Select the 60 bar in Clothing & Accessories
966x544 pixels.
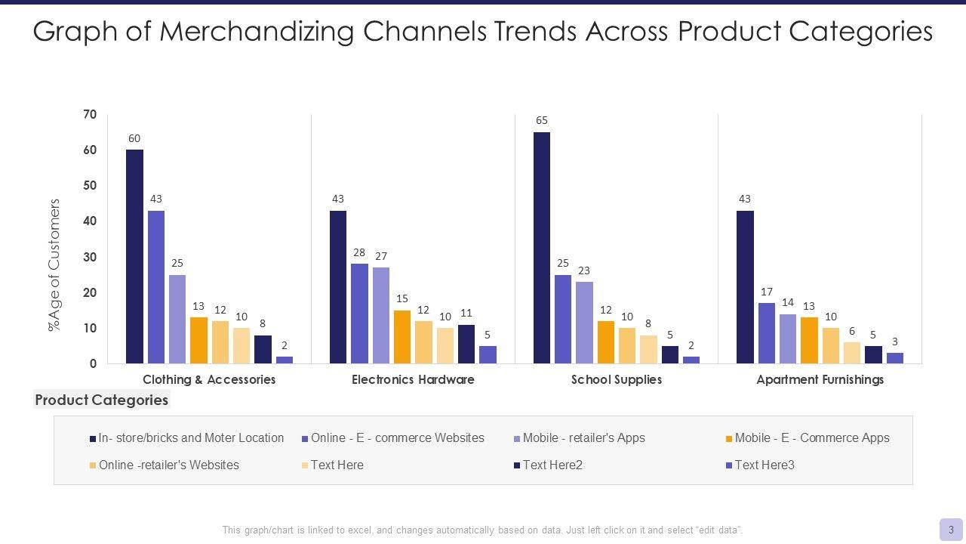coord(134,257)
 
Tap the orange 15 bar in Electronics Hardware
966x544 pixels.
coord(402,337)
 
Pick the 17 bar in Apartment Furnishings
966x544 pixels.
coord(766,333)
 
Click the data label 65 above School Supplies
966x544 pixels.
coord(541,120)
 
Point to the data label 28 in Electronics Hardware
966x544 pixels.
coord(359,252)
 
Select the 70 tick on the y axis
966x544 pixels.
coord(90,114)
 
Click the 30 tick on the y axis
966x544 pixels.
coord(90,257)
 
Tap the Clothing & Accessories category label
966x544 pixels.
coord(209,379)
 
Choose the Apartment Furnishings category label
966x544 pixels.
coord(820,379)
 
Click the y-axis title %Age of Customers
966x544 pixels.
coord(54,265)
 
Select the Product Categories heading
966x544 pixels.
coord(101,400)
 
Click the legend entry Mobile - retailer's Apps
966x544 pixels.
coord(583,438)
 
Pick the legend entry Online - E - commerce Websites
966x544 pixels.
coord(397,438)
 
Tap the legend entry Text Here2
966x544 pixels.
coord(552,465)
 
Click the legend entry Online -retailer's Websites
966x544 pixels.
coord(168,465)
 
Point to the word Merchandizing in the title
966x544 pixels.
coord(256,32)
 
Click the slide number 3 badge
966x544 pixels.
coord(951,530)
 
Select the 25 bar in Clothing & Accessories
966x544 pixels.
coord(177,319)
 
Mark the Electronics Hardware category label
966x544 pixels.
coord(413,379)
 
